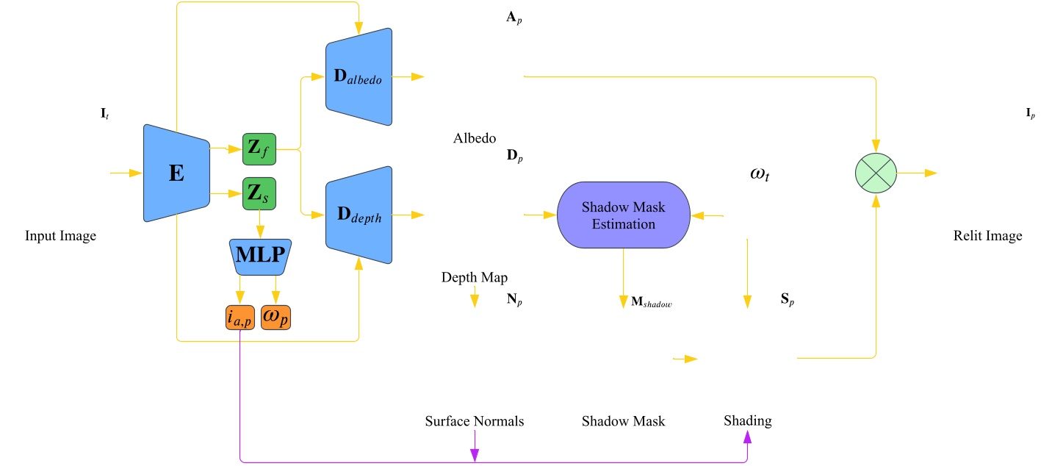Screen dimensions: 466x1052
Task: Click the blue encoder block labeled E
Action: click(x=176, y=173)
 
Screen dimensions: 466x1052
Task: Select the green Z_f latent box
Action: click(x=259, y=151)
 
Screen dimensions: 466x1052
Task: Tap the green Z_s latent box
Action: click(x=259, y=194)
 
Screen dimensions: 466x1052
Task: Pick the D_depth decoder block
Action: click(x=359, y=215)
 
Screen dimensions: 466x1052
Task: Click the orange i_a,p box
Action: click(x=240, y=317)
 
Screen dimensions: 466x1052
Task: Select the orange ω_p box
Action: click(x=276, y=317)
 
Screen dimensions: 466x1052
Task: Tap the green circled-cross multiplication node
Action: click(x=876, y=173)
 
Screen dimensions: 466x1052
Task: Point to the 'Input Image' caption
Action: click(x=61, y=236)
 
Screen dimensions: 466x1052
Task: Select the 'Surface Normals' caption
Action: click(x=475, y=421)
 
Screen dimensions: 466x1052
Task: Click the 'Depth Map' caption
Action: click(x=475, y=277)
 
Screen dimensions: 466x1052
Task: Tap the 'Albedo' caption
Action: click(x=475, y=138)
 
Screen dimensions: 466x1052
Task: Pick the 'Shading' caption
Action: click(x=747, y=420)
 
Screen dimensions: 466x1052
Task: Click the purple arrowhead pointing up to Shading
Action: click(x=748, y=437)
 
